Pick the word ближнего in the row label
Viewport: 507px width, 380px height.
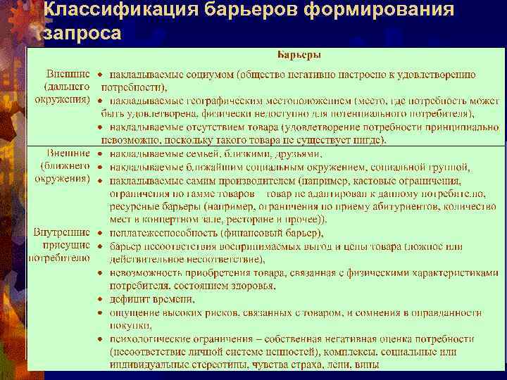pos(70,166)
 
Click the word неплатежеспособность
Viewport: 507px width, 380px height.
pos(158,233)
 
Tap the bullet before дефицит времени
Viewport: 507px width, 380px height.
pos(101,300)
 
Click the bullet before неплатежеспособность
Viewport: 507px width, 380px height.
pos(101,233)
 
